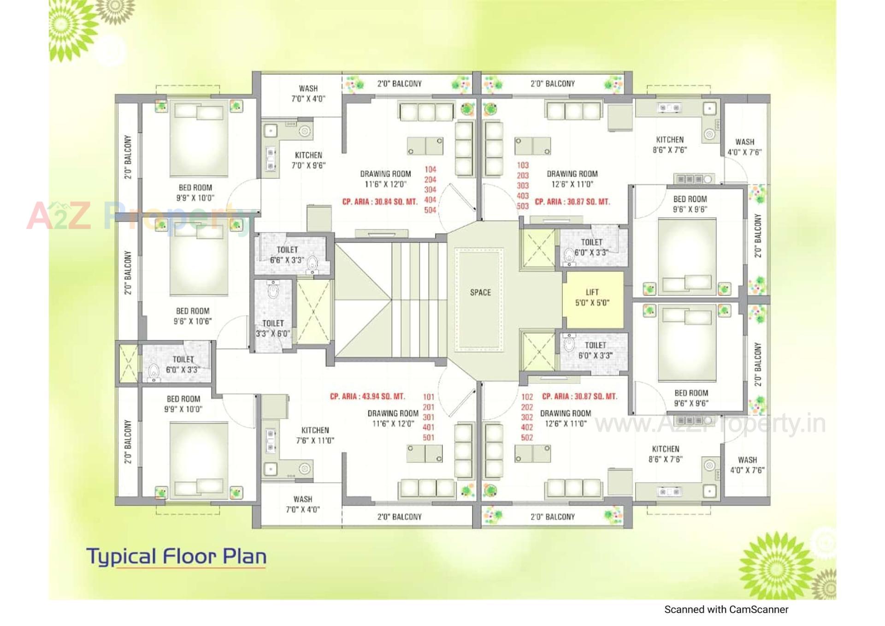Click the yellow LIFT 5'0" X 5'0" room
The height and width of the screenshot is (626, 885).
[x=592, y=298]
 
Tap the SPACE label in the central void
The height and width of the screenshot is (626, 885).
[x=480, y=292]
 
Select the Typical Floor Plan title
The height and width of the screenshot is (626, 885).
[x=177, y=556]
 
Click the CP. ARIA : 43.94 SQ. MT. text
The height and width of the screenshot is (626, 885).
[x=367, y=397]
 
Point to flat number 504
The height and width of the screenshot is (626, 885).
[x=430, y=210]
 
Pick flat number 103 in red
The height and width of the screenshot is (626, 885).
[x=523, y=165]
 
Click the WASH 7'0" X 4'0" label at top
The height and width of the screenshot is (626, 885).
[x=308, y=94]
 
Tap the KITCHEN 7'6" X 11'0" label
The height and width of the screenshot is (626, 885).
[x=315, y=435]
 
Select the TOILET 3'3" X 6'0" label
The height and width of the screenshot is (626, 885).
[x=273, y=328]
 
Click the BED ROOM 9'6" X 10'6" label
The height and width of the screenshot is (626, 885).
[x=193, y=316]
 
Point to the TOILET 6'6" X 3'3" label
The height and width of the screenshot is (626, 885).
[x=287, y=255]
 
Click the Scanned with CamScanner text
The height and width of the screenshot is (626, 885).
[x=726, y=610]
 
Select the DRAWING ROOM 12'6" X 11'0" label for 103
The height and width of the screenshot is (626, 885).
[x=572, y=179]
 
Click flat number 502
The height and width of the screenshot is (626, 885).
[x=527, y=438]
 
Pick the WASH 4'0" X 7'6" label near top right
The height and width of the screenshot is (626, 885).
[x=744, y=147]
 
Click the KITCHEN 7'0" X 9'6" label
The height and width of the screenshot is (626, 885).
[x=308, y=160]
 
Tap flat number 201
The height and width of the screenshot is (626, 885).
[x=429, y=407]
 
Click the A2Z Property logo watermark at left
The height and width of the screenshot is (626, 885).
[x=138, y=216]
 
